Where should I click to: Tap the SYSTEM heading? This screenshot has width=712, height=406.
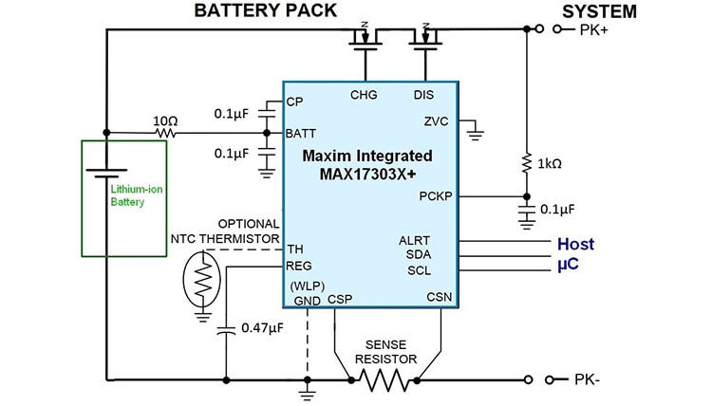tap(599, 12)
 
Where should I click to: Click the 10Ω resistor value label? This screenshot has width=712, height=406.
tap(164, 121)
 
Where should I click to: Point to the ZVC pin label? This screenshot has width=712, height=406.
tap(436, 121)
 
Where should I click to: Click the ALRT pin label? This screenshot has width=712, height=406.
tap(415, 241)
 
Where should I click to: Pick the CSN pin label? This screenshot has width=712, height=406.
tap(440, 298)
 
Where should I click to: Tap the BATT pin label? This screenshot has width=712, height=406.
tap(301, 134)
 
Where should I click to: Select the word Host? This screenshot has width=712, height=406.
tap(575, 244)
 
